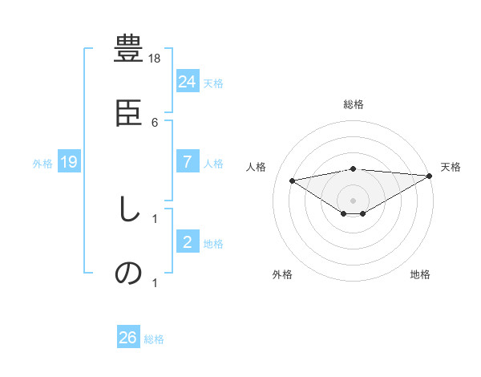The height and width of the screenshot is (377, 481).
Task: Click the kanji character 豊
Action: (128, 49)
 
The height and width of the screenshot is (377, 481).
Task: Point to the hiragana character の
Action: (128, 274)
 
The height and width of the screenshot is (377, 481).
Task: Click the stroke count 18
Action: (156, 58)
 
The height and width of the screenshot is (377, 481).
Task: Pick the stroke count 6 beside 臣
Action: (155, 122)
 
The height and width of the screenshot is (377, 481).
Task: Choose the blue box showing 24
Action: (188, 81)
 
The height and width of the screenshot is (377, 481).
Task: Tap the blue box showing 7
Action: (188, 161)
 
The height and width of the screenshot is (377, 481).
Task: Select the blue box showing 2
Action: (188, 241)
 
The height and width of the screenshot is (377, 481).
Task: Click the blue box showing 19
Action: (69, 162)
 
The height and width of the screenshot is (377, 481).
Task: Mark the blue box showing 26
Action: (128, 338)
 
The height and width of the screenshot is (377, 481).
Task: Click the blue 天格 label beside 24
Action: (213, 83)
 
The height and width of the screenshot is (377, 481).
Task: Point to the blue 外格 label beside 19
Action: (42, 163)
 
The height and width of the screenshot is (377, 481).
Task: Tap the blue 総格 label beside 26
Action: (154, 339)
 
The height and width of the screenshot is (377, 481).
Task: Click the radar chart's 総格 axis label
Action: (354, 104)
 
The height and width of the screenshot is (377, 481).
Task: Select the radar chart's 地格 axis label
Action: (420, 274)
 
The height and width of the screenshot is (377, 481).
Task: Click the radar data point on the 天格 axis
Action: (430, 176)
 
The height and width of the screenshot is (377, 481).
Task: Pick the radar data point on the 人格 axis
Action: (292, 180)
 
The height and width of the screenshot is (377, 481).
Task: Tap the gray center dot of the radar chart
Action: (354, 200)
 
